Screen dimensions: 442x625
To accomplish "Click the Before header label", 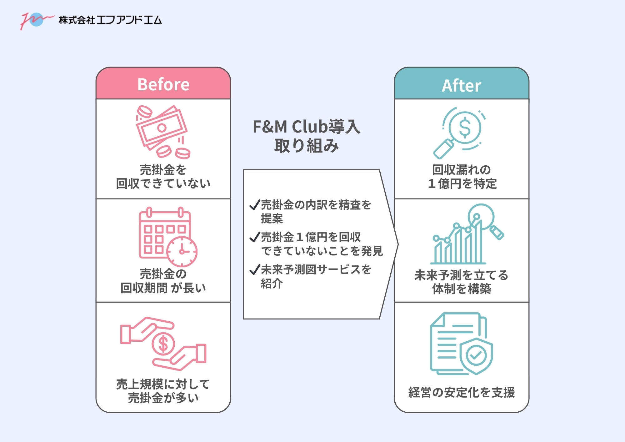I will (163, 84).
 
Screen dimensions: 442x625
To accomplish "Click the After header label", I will (461, 85).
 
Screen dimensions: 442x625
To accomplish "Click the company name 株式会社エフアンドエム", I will (110, 20).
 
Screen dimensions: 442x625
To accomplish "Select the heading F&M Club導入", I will (306, 127).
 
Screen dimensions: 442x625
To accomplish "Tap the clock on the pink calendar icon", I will (182, 251).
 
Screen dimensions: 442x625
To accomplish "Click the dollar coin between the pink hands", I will (163, 344).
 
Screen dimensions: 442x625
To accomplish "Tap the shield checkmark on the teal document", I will (476, 355).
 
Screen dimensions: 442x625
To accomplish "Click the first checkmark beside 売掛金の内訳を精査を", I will (255, 205).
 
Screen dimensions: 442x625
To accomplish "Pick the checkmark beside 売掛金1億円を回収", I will (255, 237).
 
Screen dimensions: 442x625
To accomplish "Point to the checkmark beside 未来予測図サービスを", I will (255, 269).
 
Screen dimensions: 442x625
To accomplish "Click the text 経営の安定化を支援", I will (461, 392).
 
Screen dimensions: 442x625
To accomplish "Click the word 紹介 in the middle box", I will (272, 284).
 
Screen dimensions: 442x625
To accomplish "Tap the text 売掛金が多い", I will (163, 398).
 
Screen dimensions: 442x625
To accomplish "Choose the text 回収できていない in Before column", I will (163, 183).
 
